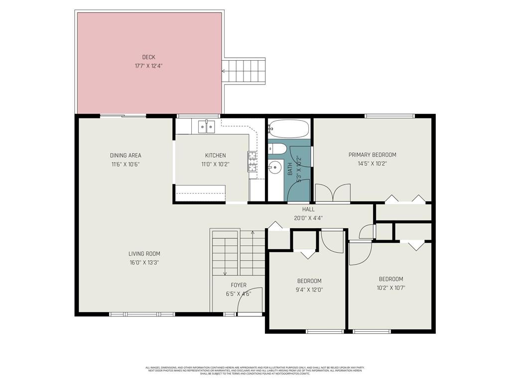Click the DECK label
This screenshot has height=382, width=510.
coord(148,57)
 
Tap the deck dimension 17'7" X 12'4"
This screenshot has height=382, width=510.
coord(148,66)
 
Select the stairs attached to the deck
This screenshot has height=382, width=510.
coord(244,71)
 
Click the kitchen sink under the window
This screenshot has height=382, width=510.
coord(206,127)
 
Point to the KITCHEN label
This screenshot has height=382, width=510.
coord(215,156)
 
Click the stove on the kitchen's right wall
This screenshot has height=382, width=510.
coord(253,162)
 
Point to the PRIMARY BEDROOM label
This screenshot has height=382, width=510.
coord(372,155)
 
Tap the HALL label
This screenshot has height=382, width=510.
coord(308,209)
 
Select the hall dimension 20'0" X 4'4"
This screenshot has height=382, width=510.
coord(308,217)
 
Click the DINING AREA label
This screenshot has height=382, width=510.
coord(126,156)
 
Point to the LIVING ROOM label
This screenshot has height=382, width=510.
coord(144,254)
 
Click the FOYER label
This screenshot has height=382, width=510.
coord(238,285)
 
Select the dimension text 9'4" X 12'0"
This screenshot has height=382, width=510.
coord(309,289)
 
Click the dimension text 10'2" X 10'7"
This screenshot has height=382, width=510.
coord(391,287)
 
